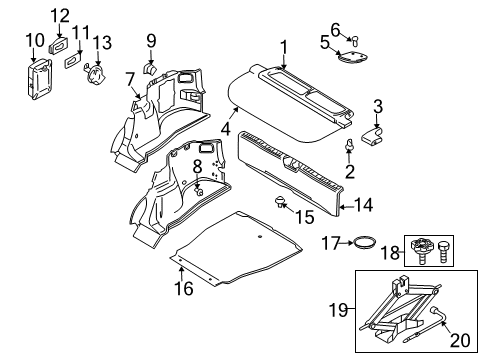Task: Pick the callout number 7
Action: (130, 79)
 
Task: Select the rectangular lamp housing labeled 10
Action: (39, 75)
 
